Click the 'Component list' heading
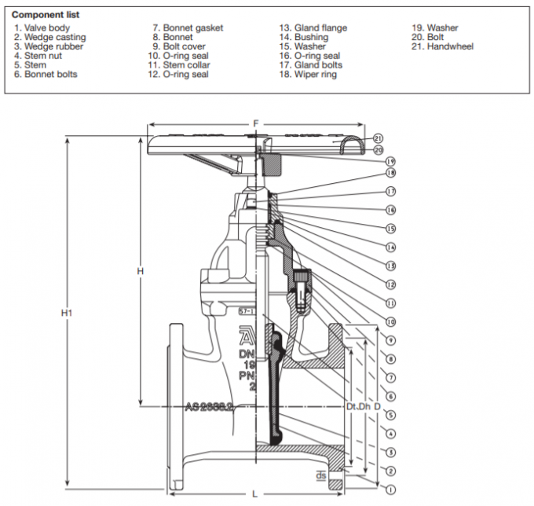[46, 15]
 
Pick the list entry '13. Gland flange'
[313, 28]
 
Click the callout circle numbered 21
[379, 137]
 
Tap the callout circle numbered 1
[390, 489]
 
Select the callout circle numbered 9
[390, 339]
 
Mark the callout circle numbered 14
[390, 247]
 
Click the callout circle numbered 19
[390, 160]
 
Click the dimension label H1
[67, 313]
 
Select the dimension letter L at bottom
[254, 493]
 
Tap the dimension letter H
[140, 271]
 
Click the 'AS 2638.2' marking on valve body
[210, 407]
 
